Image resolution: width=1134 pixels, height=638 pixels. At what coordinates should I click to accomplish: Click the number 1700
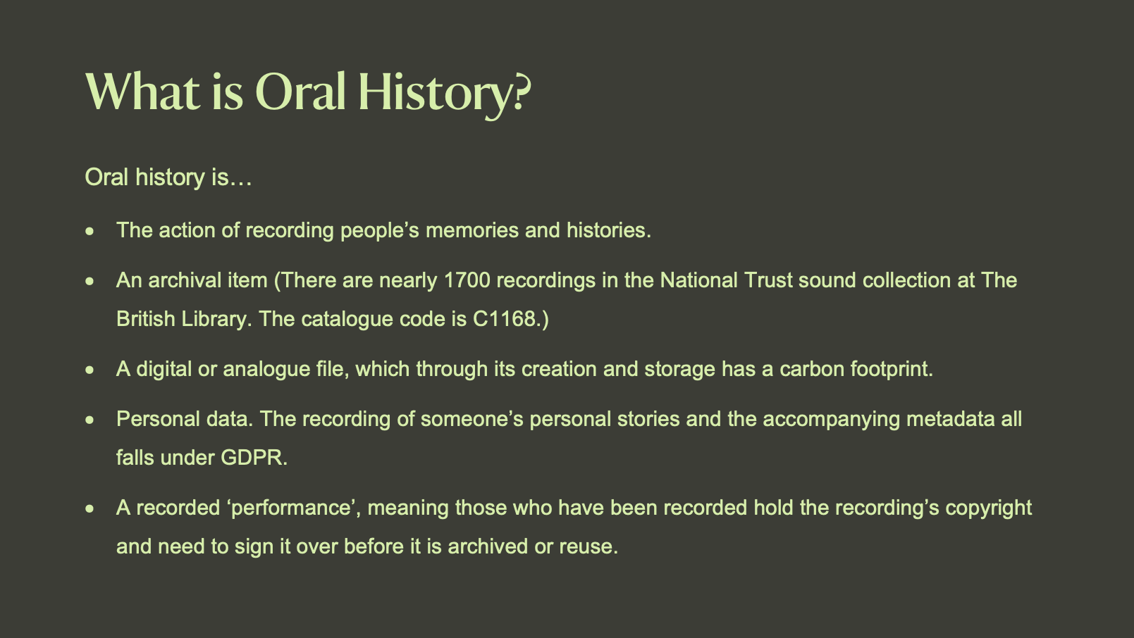point(467,280)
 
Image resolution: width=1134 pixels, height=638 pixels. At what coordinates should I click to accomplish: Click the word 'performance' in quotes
point(292,508)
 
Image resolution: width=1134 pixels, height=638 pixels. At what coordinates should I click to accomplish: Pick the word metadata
point(950,420)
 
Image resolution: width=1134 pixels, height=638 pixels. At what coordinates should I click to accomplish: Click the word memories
point(472,231)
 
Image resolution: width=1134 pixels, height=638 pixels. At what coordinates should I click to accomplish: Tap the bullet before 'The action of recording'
point(90,232)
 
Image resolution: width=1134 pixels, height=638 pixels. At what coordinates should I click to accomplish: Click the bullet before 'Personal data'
point(90,420)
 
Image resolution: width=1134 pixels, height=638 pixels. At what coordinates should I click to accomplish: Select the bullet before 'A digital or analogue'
point(90,370)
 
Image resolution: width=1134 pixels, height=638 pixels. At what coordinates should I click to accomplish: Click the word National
point(698,280)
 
